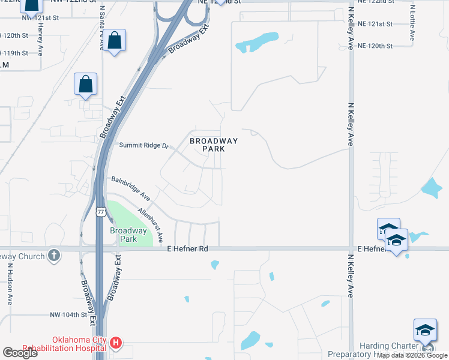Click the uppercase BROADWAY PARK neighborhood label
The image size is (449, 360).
[214, 145]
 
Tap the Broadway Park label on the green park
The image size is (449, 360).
[128, 235]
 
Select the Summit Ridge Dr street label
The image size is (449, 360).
[145, 145]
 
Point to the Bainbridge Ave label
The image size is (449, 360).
[130, 188]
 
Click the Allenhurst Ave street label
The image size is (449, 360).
[151, 225]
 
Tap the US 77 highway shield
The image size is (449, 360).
[100, 211]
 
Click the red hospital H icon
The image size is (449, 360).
[116, 344]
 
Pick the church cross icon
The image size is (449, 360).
[54, 254]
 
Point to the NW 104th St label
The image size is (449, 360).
[72, 315]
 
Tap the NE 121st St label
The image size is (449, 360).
[374, 24]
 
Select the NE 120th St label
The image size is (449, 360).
[374, 46]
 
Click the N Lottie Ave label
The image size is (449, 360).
[412, 24]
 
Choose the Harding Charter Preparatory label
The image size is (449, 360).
[390, 350]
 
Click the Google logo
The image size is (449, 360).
[20, 352]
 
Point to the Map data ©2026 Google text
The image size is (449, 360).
[412, 355]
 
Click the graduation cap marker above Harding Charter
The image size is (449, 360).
[425, 331]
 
